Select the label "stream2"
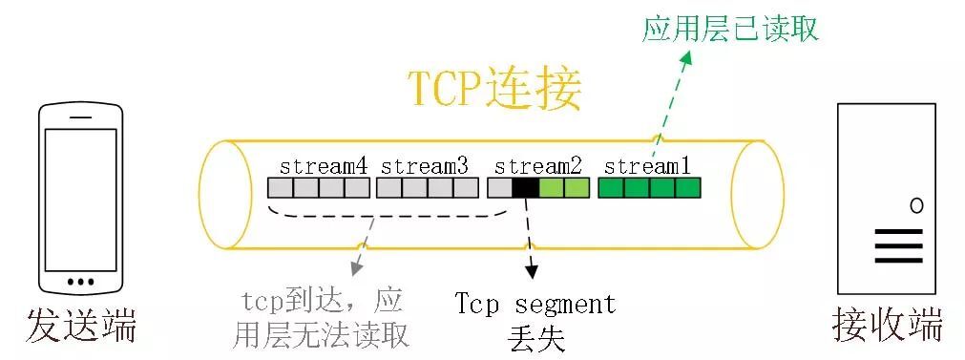pyautogui.click(x=538, y=165)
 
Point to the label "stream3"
pyautogui.click(x=425, y=165)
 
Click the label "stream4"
pyautogui.click(x=324, y=165)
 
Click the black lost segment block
pyautogui.click(x=525, y=187)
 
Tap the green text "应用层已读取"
pyautogui.click(x=730, y=29)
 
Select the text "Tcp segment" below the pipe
pyautogui.click(x=535, y=305)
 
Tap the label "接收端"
pyautogui.click(x=888, y=326)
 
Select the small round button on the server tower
pyautogui.click(x=916, y=205)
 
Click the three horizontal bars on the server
pyautogui.click(x=899, y=244)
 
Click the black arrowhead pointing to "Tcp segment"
pyautogui.click(x=532, y=273)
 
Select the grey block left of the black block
pyautogui.click(x=499, y=187)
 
